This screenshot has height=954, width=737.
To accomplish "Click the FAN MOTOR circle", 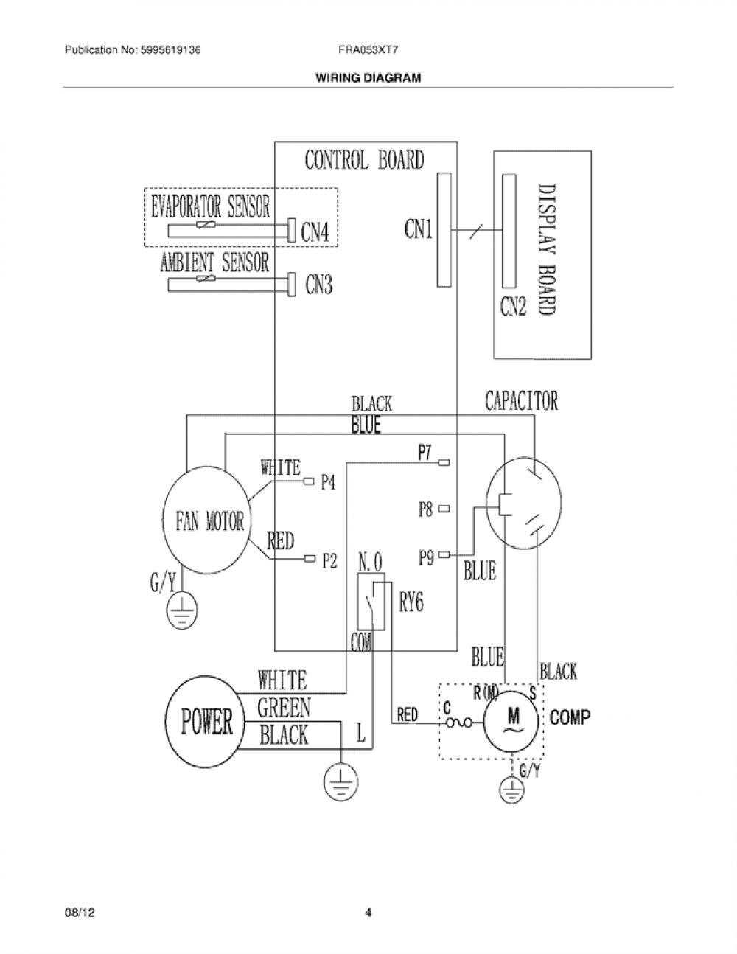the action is (x=163, y=521).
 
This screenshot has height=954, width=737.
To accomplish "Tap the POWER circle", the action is (x=167, y=723).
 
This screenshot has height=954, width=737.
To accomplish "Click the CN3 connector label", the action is (x=319, y=284).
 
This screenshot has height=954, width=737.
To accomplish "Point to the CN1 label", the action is (x=419, y=229).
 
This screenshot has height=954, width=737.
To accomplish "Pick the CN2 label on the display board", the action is (x=513, y=305).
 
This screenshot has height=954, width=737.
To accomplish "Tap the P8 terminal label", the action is (x=425, y=509).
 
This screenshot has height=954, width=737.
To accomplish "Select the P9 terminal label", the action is (x=426, y=557).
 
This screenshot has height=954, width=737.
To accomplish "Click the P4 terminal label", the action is (x=328, y=482).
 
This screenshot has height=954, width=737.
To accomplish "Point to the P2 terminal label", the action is (x=330, y=560).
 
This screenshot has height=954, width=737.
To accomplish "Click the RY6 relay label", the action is (x=411, y=602).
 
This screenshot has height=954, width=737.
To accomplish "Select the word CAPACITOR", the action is (x=521, y=401).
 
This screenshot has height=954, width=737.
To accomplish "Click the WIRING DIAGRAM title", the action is (x=368, y=78).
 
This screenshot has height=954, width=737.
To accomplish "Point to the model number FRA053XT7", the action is (x=368, y=50).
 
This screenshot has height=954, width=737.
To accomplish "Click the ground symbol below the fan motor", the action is (x=181, y=610).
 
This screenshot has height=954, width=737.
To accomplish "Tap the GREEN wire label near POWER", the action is (x=284, y=707).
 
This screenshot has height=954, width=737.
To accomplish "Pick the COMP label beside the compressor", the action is (x=570, y=717).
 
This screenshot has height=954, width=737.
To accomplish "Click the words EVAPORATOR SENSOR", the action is (x=211, y=206).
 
